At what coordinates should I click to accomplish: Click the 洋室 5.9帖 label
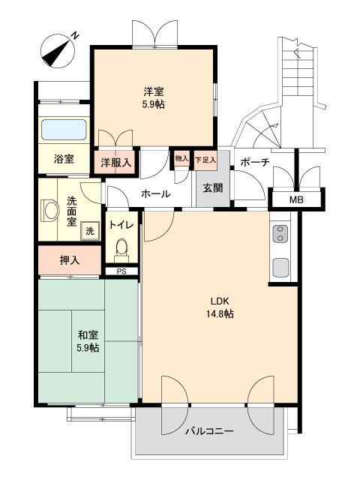(153, 98)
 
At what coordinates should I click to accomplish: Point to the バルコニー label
(209, 431)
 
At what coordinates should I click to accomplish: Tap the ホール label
(155, 193)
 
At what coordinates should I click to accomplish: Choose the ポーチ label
(255, 161)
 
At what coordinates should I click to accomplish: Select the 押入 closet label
(70, 260)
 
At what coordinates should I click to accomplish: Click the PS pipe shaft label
(121, 271)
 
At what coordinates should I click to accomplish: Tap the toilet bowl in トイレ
(123, 246)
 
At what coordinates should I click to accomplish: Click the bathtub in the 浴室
(63, 130)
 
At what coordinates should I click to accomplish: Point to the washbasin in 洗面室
(50, 210)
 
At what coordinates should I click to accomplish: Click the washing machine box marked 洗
(89, 231)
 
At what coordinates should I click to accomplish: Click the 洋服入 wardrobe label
(116, 162)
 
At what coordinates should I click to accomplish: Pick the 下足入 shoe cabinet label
(205, 160)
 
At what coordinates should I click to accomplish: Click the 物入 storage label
(181, 158)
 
